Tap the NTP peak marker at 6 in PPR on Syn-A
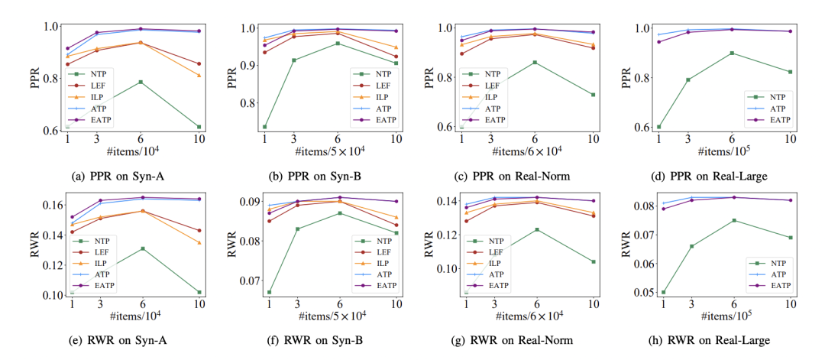pos(141,82)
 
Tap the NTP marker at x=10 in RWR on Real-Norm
pos(594,261)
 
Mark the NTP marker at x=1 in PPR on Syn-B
pos(264,127)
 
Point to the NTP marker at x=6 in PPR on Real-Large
pos(732,53)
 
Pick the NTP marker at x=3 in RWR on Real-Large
pos(691,246)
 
